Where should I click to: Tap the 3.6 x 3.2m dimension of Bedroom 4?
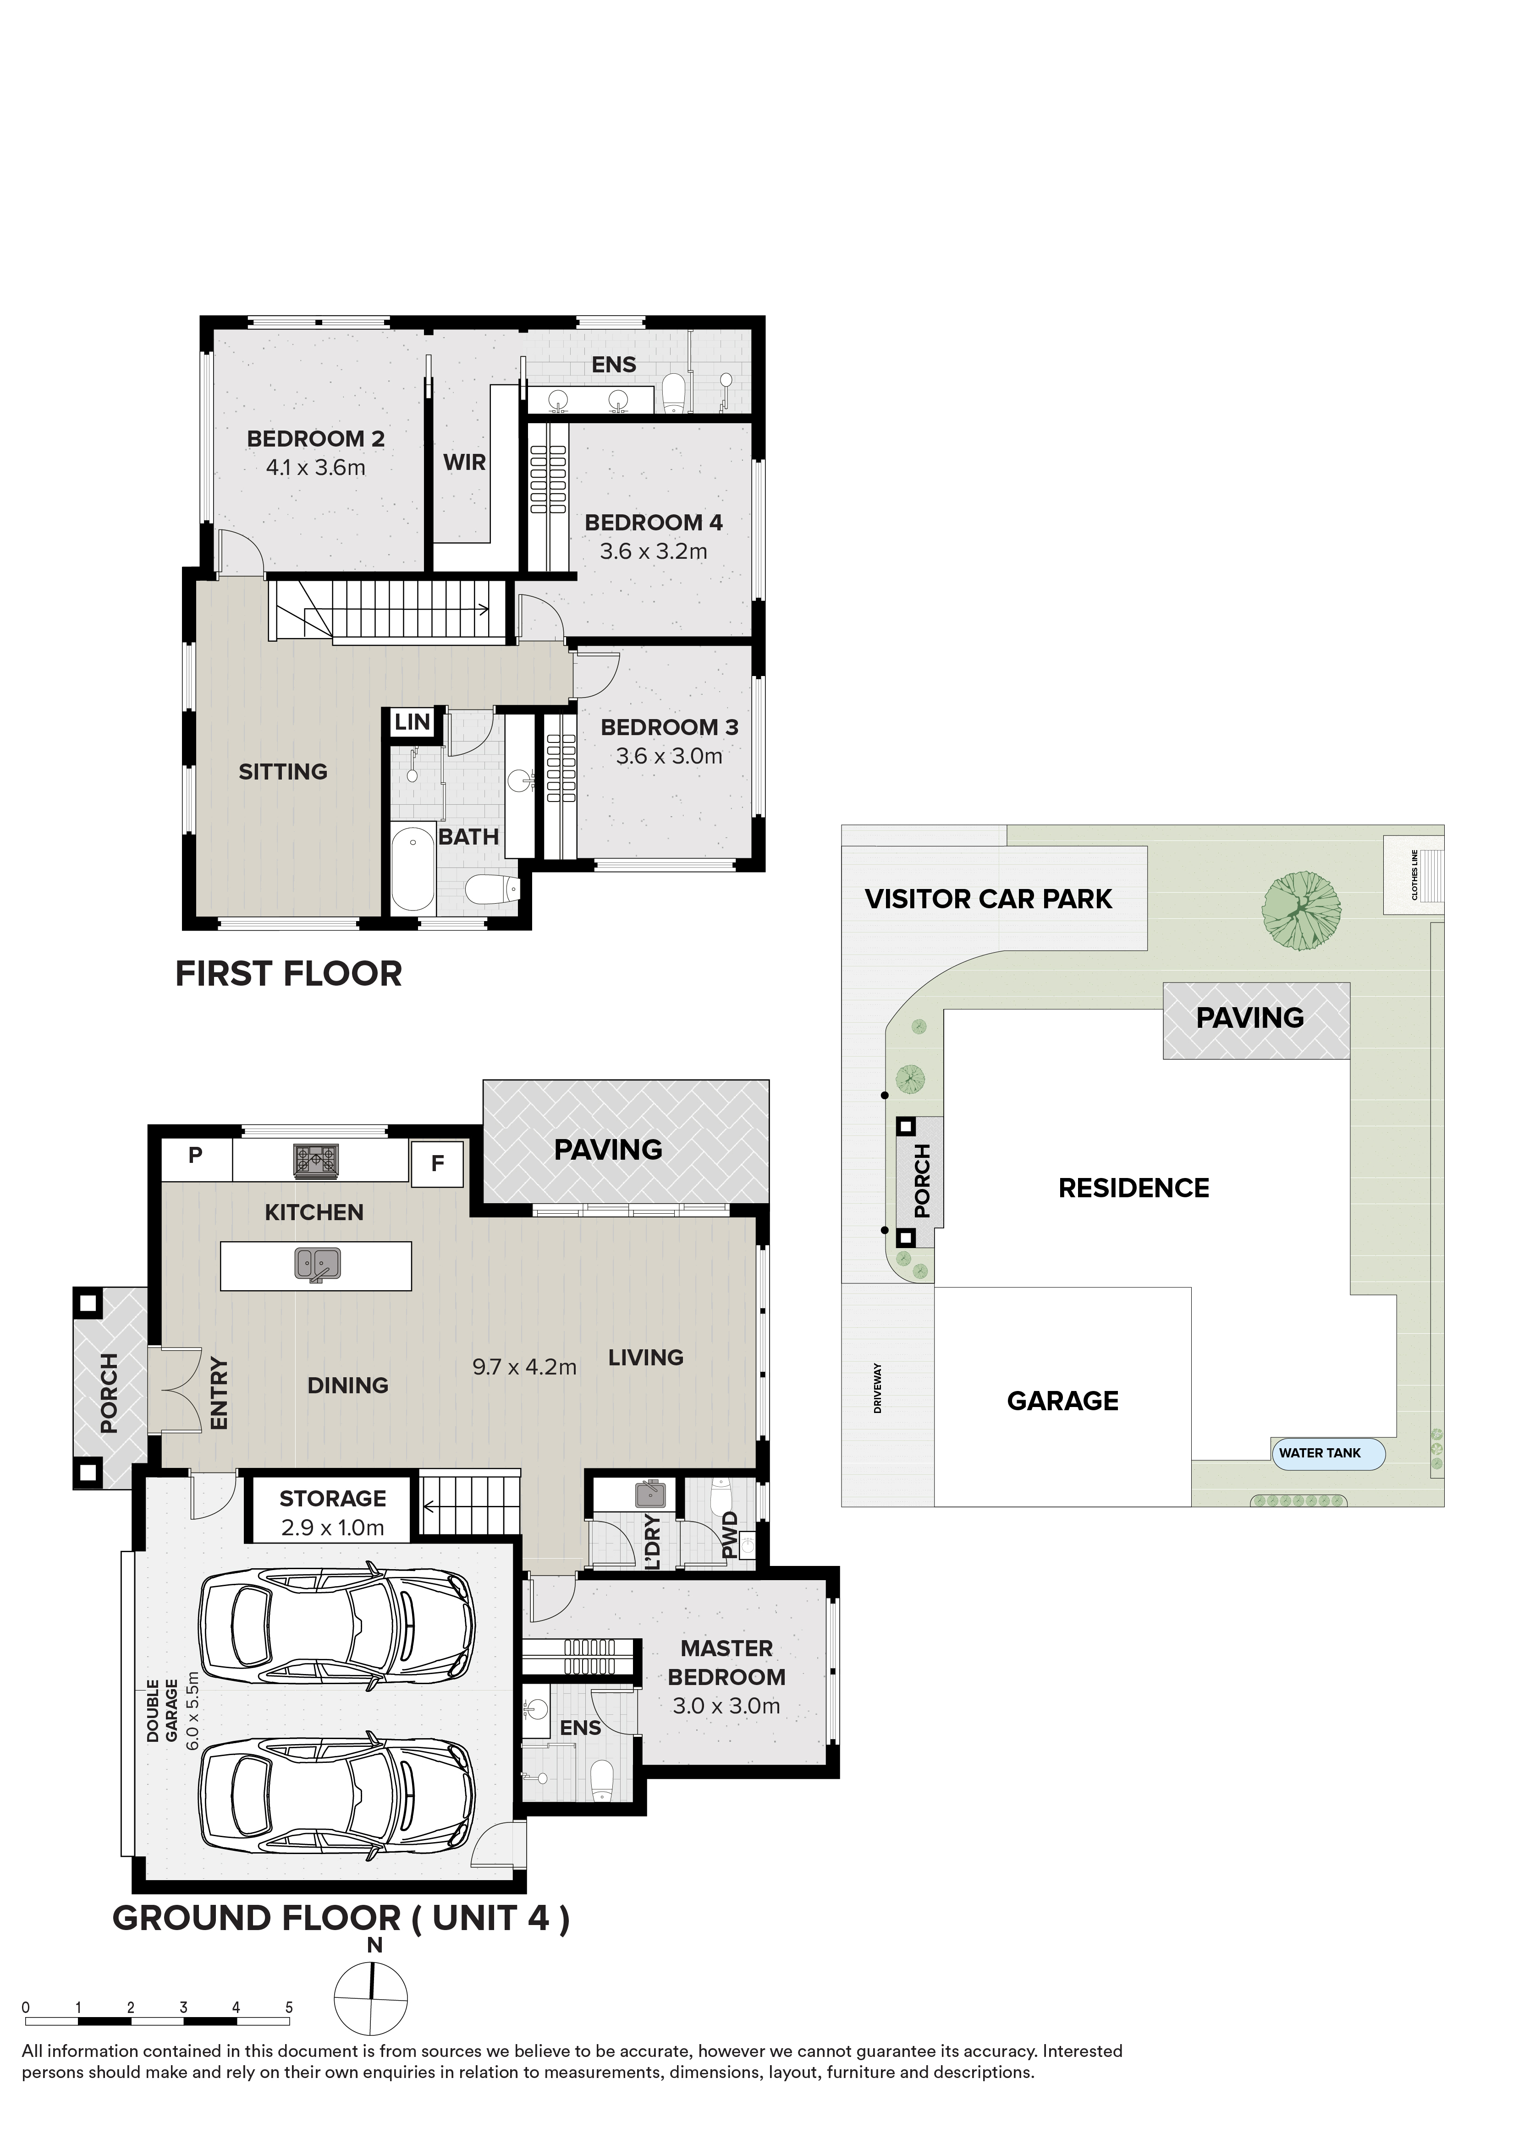653,551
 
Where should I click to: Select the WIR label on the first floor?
464,462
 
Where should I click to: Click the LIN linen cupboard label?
412,722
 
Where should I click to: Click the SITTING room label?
283,772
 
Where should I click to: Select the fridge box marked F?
437,1163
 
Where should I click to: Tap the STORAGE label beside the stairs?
333,1498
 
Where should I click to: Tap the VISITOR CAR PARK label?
989,900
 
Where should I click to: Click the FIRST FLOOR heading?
289,974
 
